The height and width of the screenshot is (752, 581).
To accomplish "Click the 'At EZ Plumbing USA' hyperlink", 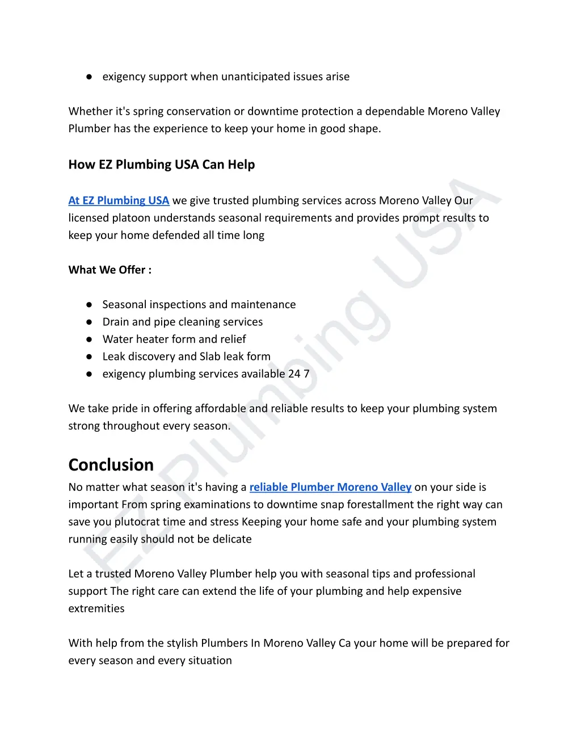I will (x=119, y=200).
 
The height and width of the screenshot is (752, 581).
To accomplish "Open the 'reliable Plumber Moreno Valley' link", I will (x=330, y=487).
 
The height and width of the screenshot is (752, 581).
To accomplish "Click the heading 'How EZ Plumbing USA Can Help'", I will (x=162, y=165).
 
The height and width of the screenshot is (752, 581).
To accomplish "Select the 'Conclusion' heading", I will (x=111, y=465).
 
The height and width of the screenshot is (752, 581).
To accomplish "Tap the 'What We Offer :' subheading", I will (x=110, y=270).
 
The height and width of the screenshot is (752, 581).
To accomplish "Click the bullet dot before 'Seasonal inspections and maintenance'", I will (x=89, y=305).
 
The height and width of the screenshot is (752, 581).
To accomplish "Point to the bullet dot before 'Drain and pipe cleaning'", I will (x=89, y=322).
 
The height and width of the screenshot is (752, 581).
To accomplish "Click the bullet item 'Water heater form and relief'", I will (x=174, y=339).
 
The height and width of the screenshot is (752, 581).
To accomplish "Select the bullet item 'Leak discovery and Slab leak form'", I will (x=186, y=356).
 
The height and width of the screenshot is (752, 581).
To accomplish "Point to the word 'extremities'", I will (x=96, y=608).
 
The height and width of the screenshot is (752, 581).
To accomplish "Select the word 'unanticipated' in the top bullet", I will (x=247, y=77).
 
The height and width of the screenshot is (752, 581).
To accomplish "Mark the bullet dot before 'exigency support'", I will (x=89, y=77).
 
